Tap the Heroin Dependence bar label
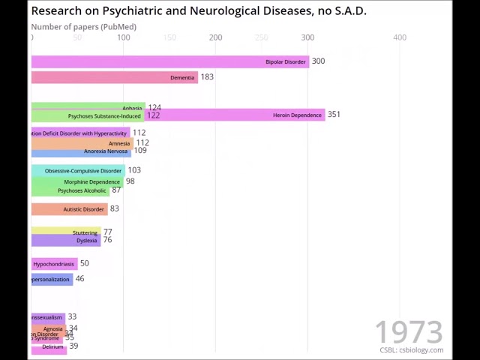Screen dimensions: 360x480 click(297, 115)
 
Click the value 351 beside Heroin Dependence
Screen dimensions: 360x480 click(334, 115)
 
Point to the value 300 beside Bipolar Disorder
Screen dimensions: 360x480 click(318, 61)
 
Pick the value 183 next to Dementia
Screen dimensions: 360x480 click(207, 76)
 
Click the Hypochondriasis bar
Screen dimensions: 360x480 click(53, 264)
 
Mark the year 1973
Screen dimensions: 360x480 click(409, 331)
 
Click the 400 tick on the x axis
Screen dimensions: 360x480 click(400, 37)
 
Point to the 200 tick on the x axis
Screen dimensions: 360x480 click(216, 37)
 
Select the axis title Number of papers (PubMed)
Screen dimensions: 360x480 click(83, 27)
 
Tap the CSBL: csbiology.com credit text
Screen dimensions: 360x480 click(411, 350)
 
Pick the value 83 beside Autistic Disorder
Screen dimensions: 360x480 click(114, 208)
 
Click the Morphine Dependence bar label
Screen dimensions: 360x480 click(91, 182)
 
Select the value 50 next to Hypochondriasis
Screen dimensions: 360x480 click(84, 263)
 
